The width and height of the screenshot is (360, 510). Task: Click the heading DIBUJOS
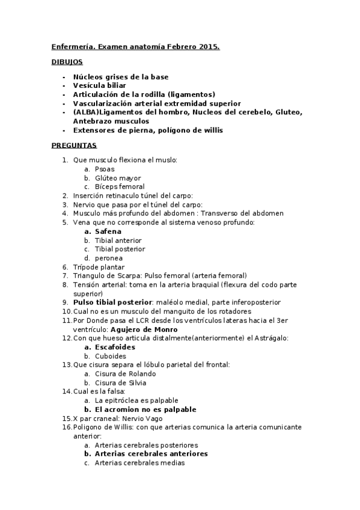[67, 62]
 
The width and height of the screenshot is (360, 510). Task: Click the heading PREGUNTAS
[74, 146]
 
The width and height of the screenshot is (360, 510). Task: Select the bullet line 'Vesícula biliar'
[99, 85]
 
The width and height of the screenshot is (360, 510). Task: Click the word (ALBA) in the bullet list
[85, 112]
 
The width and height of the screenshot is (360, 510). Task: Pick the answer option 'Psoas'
[105, 169]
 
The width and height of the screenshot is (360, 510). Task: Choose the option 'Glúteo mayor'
[118, 178]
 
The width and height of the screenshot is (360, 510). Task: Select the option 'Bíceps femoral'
[120, 186]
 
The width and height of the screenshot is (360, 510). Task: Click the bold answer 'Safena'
[108, 231]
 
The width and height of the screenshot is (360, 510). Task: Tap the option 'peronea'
[109, 258]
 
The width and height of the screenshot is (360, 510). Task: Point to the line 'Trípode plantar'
[99, 266]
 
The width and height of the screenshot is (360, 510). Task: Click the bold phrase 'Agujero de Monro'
[144, 330]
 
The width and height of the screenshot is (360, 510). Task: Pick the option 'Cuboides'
[111, 356]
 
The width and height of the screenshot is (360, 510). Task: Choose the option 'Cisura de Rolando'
[124, 373]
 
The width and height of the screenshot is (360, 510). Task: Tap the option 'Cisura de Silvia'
[120, 382]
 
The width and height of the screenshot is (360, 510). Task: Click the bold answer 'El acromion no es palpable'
[145, 409]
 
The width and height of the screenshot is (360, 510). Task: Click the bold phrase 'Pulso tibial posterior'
[112, 302]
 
